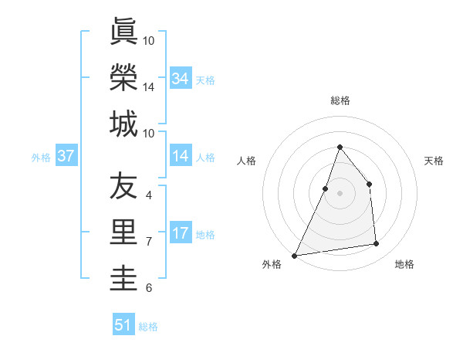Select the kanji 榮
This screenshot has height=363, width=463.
coord(123,77)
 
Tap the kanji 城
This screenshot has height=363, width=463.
coord(123,124)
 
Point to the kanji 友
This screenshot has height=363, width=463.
coord(123,185)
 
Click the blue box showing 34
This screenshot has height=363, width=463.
coord(181,79)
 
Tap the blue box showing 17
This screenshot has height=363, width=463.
coord(181,234)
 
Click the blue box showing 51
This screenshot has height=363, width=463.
coord(123,325)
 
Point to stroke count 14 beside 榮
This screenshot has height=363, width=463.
coord(149,87)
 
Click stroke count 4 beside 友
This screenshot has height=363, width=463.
coord(148,195)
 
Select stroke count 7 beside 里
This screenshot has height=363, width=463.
coord(148,242)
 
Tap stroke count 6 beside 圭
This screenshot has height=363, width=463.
coord(148,288)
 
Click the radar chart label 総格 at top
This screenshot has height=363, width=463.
coord(340,101)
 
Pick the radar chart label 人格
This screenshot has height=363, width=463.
coord(247,161)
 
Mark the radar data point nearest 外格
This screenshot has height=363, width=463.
coord(294,255)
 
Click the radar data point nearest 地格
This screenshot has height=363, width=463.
coord(377,244)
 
